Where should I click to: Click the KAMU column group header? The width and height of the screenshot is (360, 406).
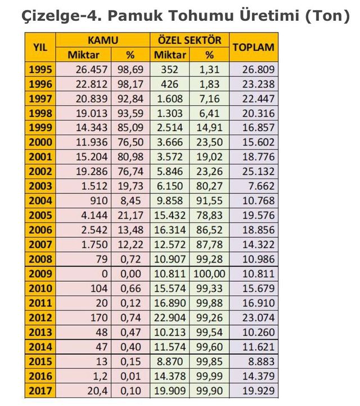point(103,40)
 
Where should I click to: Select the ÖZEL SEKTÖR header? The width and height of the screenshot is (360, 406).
point(190,40)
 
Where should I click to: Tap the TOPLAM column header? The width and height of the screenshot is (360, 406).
point(253,47)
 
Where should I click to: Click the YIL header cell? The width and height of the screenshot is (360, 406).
point(40,47)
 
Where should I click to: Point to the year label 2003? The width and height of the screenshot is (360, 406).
point(40,186)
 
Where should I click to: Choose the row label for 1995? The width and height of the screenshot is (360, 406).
point(40,69)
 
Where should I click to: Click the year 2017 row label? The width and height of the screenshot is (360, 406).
point(40,391)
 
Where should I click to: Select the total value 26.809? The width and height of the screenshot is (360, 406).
point(258,69)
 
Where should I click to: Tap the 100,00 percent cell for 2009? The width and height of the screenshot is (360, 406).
point(209,274)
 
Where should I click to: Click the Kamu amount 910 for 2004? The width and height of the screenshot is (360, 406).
point(98,201)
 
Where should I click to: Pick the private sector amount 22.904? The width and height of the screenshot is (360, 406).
point(170,318)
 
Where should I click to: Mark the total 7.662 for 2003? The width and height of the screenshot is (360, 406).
point(261,186)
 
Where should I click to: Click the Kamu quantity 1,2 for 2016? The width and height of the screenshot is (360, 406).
point(100,376)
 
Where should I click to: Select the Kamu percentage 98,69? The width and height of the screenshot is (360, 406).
point(130,69)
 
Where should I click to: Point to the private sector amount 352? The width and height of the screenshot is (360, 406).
point(169,69)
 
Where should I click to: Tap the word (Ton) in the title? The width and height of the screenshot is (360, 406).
point(327,16)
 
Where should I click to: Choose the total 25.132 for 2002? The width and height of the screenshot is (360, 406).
point(258,172)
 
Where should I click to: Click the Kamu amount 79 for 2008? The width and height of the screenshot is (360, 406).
point(101,259)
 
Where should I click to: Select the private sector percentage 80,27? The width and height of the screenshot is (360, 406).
point(209,186)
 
